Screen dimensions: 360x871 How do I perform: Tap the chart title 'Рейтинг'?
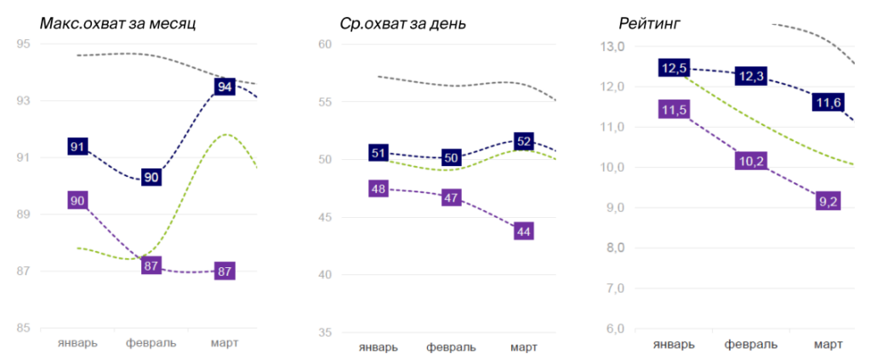641,23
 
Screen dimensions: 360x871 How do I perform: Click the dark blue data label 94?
225,86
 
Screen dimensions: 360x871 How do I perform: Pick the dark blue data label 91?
77,146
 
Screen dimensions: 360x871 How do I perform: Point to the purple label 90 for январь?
77,201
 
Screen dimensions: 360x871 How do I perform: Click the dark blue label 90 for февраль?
151,177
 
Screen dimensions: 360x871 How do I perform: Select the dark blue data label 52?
524,141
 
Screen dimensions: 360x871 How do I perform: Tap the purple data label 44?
524,231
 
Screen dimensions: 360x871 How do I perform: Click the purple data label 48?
379,189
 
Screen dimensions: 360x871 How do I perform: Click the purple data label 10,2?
750,160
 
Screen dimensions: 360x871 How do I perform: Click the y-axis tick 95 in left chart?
24,44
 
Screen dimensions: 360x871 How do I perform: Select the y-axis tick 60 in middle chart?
324,44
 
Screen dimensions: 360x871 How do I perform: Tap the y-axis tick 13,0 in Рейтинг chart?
612,46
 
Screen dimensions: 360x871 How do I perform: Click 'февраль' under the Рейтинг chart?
751,345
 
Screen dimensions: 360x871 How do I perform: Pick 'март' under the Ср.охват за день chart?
524,347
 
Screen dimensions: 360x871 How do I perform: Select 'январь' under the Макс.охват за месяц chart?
77,343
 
